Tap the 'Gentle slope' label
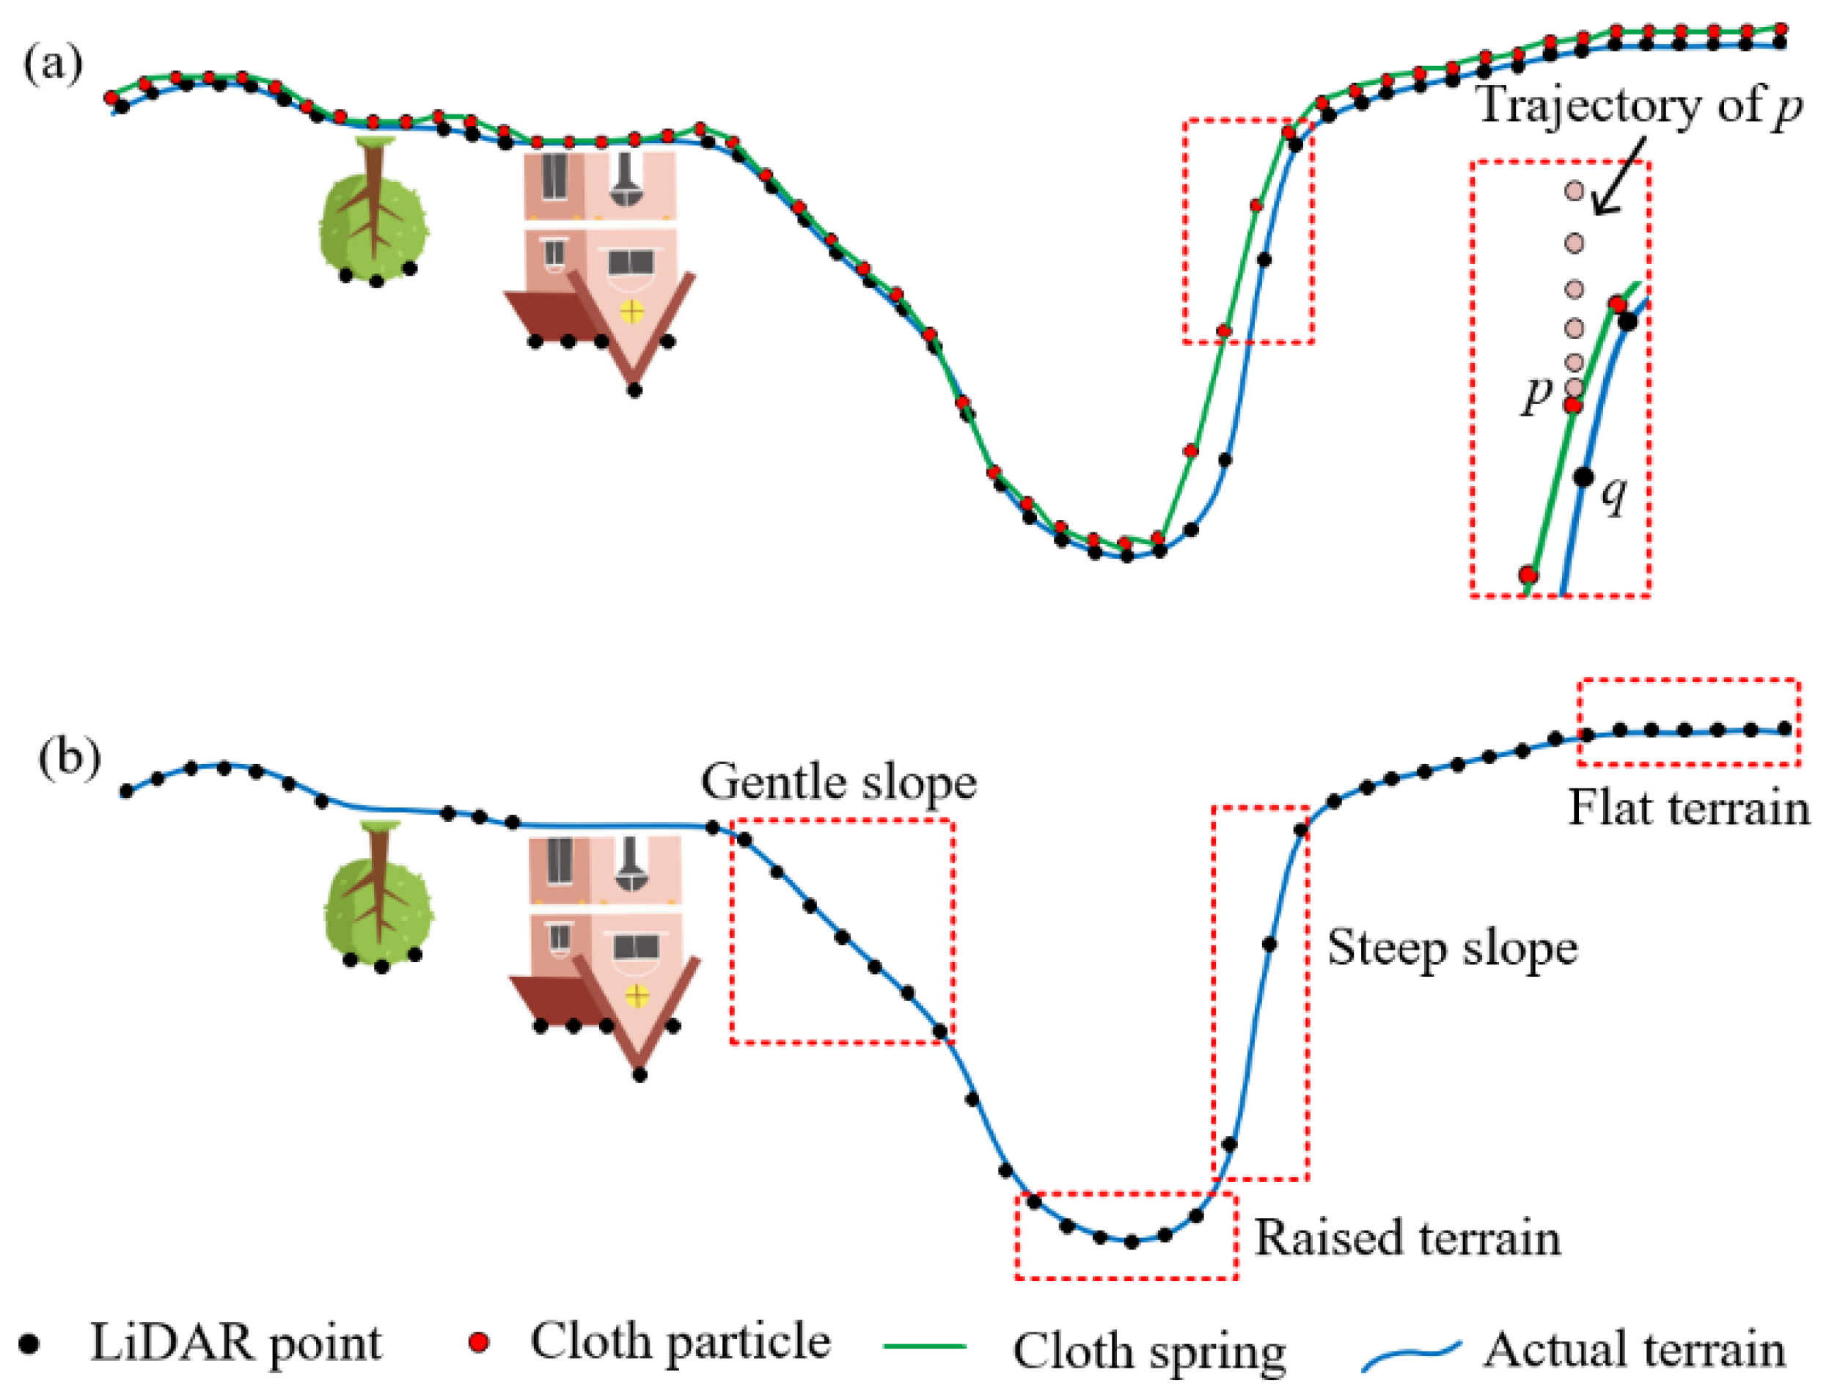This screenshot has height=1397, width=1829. pos(838,782)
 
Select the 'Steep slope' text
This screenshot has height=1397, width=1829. pos(1451,948)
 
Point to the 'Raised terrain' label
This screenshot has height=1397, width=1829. pos(1407,1237)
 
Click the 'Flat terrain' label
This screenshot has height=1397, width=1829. pos(1687,807)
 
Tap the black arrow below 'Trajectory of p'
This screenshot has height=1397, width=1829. pos(1618,178)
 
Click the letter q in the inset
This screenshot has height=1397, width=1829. pos(1613,497)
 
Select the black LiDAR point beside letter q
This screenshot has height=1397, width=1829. pos(1584,477)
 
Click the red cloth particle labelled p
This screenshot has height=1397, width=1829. pos(1573,405)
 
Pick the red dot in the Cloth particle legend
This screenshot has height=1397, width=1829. pos(478,1342)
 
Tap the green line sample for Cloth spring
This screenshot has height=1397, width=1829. pos(925,1345)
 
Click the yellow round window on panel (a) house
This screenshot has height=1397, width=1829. pos(632,312)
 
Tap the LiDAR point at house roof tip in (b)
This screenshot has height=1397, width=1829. pos(639,1074)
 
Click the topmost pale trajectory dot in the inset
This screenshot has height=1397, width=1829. pos(1574,191)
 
